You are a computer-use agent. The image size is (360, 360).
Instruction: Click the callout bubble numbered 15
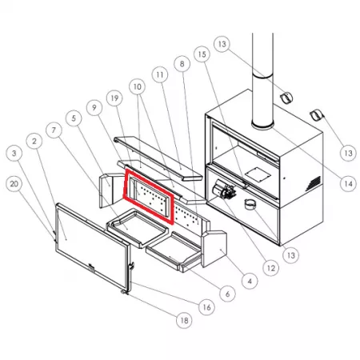(202, 54)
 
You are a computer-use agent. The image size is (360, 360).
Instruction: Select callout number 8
(182, 64)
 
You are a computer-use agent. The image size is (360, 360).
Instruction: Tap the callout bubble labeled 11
(160, 75)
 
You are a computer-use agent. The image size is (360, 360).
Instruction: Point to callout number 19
(114, 98)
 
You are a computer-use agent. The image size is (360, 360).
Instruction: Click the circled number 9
(94, 108)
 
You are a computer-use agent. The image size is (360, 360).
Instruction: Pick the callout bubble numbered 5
(74, 118)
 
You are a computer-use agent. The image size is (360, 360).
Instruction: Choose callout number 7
(54, 130)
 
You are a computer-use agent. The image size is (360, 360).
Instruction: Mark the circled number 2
(34, 142)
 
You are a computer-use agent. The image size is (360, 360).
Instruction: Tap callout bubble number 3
(14, 154)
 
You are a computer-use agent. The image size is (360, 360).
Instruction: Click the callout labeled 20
(14, 184)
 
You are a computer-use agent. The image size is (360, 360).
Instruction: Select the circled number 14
(348, 184)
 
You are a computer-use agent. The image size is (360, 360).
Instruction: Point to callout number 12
(270, 268)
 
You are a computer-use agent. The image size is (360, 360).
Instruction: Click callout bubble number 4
(250, 281)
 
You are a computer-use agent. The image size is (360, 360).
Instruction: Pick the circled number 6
(227, 294)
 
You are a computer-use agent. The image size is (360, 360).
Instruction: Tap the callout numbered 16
(207, 307)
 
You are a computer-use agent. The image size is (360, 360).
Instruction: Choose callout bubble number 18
(184, 321)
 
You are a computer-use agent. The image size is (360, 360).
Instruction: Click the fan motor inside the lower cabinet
(224, 190)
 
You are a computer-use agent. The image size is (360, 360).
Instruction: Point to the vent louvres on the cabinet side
(312, 183)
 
